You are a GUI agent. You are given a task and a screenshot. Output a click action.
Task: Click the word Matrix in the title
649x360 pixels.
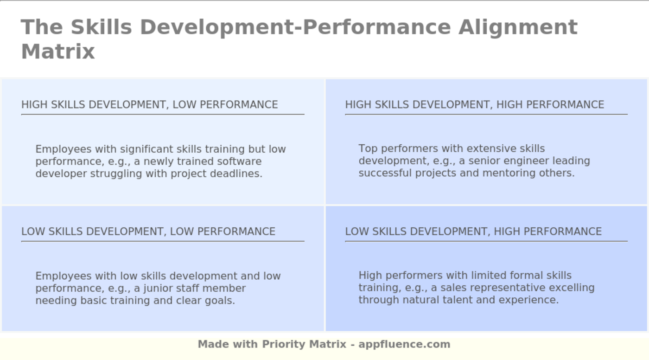coord(58,51)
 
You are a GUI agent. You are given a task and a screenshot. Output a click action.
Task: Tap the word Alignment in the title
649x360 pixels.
coord(518,27)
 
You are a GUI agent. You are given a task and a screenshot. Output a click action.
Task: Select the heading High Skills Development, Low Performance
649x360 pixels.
coord(149,105)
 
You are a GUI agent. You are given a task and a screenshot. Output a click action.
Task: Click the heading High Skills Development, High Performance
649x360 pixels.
coord(474,105)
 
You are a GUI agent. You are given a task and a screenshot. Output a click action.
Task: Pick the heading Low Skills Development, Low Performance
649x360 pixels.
coord(148,231)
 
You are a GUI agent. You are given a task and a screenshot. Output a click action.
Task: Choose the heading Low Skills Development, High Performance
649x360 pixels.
coord(473,231)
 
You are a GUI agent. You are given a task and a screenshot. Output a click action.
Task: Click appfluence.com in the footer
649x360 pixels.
coord(404,344)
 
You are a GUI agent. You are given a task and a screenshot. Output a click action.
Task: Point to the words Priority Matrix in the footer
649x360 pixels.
coord(304,344)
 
